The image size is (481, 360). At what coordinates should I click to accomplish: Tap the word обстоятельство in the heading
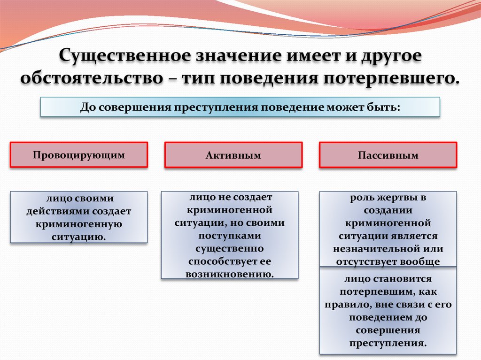(x=92, y=78)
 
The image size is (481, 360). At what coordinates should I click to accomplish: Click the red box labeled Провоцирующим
(x=79, y=155)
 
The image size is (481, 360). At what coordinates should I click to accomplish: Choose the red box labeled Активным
(x=233, y=155)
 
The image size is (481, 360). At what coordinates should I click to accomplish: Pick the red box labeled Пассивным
(x=388, y=155)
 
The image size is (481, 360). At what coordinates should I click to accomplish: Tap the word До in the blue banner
(x=88, y=107)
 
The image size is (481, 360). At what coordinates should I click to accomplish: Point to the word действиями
(x=58, y=211)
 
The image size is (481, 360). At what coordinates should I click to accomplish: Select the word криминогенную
(x=79, y=224)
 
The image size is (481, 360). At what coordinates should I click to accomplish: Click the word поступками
(x=230, y=236)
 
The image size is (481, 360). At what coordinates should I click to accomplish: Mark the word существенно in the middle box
(x=230, y=248)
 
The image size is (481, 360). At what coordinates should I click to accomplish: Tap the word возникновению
(x=230, y=274)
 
